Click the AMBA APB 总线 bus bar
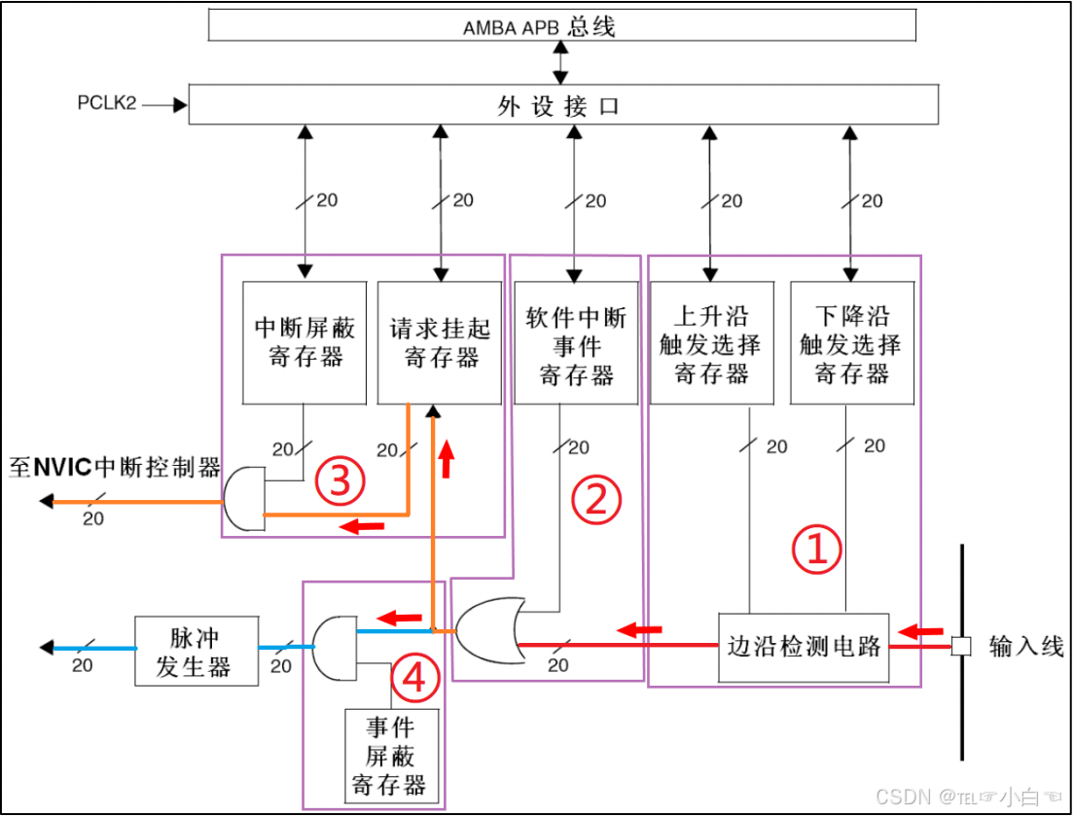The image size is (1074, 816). point(561,25)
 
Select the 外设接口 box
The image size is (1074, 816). point(562,105)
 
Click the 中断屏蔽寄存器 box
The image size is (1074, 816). point(304,342)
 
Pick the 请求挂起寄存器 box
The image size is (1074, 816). point(440,342)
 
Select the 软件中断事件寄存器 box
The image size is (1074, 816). point(577,342)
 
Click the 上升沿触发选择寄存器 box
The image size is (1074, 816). point(711,342)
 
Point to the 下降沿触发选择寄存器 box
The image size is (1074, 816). point(852,342)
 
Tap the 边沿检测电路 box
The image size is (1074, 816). point(804,646)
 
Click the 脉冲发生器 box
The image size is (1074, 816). point(197,652)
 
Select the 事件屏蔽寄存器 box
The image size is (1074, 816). point(391,757)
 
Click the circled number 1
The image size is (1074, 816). point(815,550)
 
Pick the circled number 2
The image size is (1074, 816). point(595,499)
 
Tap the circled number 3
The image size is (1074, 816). point(340,479)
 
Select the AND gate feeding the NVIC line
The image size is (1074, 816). point(244,499)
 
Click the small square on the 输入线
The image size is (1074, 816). point(961,645)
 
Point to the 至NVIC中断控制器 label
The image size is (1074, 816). point(115,468)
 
